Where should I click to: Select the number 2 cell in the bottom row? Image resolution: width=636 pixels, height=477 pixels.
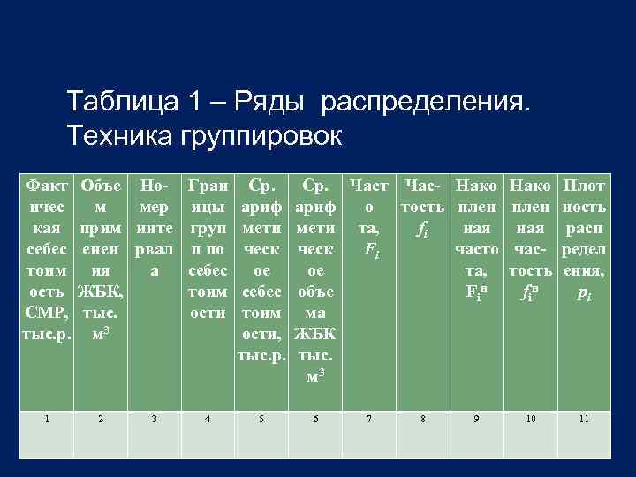point(102,419)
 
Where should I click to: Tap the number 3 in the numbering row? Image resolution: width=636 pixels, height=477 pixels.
point(154,419)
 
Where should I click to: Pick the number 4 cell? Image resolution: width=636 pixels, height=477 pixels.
point(207,419)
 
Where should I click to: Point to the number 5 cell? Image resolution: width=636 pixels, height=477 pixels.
point(261,419)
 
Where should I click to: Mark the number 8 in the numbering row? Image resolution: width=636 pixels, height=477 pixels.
point(424,419)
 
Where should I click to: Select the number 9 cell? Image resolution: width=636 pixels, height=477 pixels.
point(478,419)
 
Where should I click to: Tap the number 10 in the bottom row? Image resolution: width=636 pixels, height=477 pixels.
point(531,419)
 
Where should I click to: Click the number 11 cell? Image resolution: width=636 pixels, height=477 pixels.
point(583,419)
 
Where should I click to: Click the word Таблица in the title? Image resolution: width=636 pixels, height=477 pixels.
point(121,104)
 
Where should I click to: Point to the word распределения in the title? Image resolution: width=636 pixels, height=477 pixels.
point(427,104)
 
